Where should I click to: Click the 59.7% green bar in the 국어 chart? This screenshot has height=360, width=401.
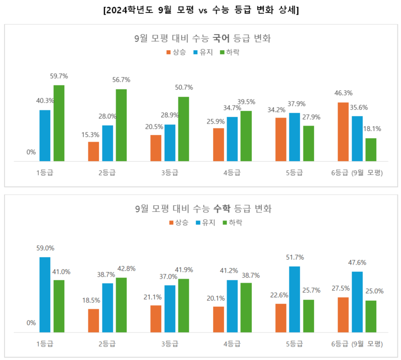click(59, 123)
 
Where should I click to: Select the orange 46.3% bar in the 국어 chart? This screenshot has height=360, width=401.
click(343, 132)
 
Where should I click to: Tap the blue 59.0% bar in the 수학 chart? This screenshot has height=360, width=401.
click(45, 294)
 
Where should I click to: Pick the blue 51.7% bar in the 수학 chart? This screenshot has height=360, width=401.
click(294, 299)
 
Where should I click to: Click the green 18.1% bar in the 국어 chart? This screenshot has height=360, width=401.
click(371, 150)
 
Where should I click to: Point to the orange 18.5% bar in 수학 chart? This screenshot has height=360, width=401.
click(93, 320)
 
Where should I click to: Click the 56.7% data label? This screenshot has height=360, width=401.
click(122, 79)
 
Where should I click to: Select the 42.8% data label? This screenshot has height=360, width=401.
click(126, 268)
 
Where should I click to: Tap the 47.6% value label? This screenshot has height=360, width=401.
click(357, 262)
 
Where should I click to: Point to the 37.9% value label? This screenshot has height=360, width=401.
click(297, 104)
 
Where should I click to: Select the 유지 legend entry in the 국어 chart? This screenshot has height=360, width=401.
click(204, 52)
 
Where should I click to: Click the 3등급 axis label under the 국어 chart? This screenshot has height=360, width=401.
click(169, 173)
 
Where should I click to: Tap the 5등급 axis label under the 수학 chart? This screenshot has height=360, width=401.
click(294, 344)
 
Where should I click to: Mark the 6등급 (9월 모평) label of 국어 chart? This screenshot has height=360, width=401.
click(357, 173)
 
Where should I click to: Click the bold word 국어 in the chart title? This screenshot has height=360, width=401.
click(223, 38)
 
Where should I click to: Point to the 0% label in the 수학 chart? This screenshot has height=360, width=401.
click(31, 323)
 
